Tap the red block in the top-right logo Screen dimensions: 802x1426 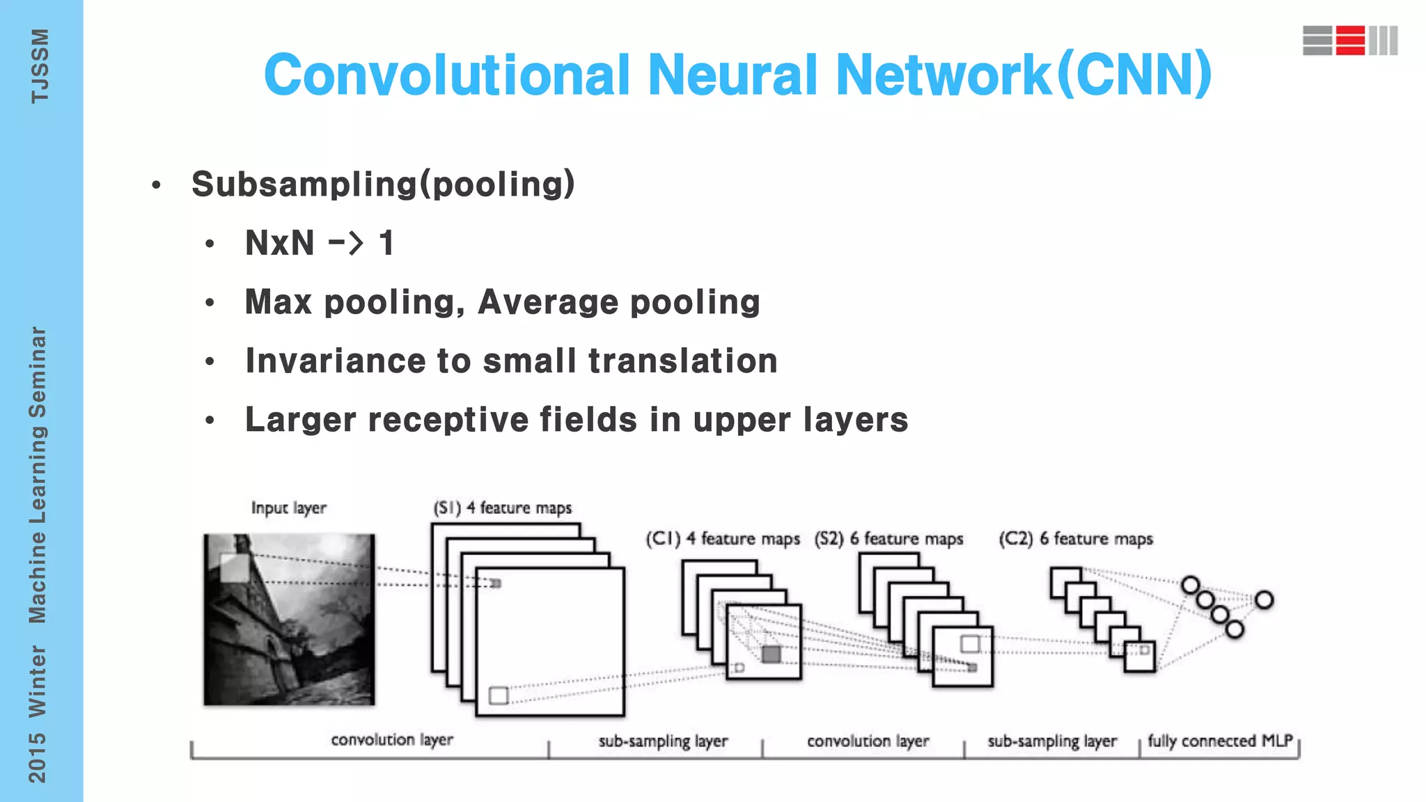(1350, 40)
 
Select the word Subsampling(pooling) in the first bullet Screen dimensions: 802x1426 (383, 184)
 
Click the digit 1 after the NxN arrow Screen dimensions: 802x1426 (386, 244)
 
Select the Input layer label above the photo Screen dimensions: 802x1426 (288, 508)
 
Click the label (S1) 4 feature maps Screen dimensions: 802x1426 (502, 508)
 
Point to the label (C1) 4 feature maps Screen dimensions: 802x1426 (722, 539)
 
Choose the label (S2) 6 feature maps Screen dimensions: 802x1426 (888, 539)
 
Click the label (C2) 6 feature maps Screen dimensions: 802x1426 (1076, 539)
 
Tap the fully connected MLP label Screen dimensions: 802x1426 (1220, 741)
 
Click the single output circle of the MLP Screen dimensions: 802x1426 (1264, 600)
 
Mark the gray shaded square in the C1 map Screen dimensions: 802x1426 (771, 654)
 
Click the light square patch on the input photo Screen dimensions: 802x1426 (234, 567)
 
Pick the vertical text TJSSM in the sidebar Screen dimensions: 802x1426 (40, 66)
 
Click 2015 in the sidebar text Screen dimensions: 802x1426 (37, 757)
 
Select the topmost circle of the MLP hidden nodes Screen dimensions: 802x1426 (1191, 585)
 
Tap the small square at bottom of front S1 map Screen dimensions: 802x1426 (499, 695)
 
